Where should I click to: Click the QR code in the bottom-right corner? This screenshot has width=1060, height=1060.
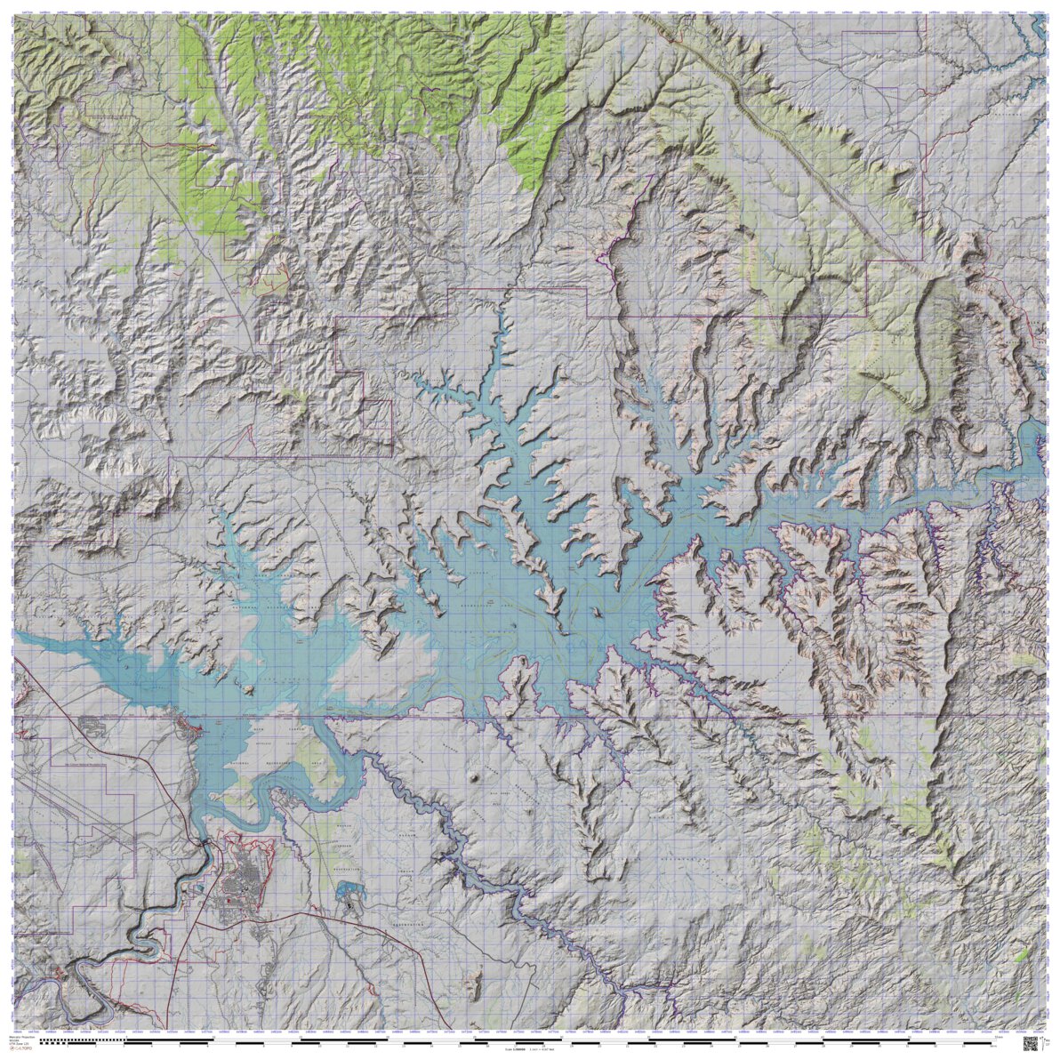[x=1032, y=1043]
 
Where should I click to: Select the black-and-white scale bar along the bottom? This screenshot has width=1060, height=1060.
[x=525, y=1040]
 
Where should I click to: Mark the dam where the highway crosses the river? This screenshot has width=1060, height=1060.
[x=205, y=839]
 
